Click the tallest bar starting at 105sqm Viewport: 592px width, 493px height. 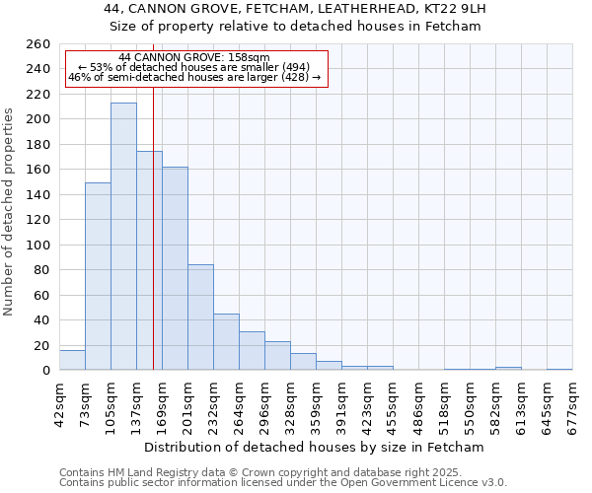click(123, 237)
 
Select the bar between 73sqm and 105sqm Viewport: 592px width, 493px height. click(98, 276)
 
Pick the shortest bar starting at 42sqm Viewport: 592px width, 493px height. click(72, 361)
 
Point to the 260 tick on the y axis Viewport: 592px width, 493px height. click(38, 44)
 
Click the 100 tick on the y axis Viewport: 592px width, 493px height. click(38, 246)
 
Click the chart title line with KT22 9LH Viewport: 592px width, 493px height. click(295, 9)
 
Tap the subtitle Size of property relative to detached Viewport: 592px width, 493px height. click(295, 27)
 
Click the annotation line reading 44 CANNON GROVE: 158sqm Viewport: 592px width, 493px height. click(193, 58)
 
